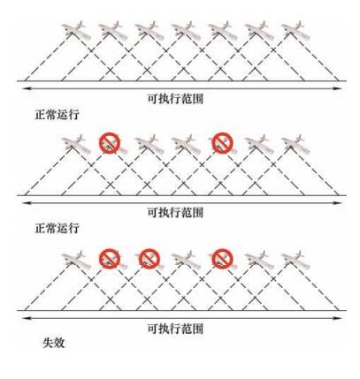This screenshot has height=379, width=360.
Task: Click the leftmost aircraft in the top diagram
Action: coord(76,30)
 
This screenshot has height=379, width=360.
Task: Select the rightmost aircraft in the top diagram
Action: coord(295,30)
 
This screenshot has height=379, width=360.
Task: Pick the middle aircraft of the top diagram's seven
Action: coord(186,30)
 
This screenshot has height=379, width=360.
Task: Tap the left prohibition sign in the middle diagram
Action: coord(110,143)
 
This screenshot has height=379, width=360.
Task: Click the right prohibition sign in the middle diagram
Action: coord(223,143)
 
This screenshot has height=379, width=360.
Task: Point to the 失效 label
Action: coord(53,343)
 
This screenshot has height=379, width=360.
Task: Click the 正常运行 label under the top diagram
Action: coord(57,115)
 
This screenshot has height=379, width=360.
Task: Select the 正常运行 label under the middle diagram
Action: coord(57,228)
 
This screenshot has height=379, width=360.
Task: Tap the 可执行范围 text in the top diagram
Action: coord(175,99)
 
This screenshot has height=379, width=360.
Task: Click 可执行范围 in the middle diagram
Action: coord(175,212)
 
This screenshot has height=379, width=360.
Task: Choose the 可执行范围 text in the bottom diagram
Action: coord(175,328)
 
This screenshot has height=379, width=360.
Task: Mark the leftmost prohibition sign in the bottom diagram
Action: coord(110,259)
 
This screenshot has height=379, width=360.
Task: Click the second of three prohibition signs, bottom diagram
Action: coord(149,259)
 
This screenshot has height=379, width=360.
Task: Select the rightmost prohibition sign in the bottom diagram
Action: coord(223,259)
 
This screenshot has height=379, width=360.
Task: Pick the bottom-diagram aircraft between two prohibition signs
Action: coord(186,260)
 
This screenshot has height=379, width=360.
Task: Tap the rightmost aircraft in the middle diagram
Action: coord(295,144)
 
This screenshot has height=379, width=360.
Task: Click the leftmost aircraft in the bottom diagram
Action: coord(76,260)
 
